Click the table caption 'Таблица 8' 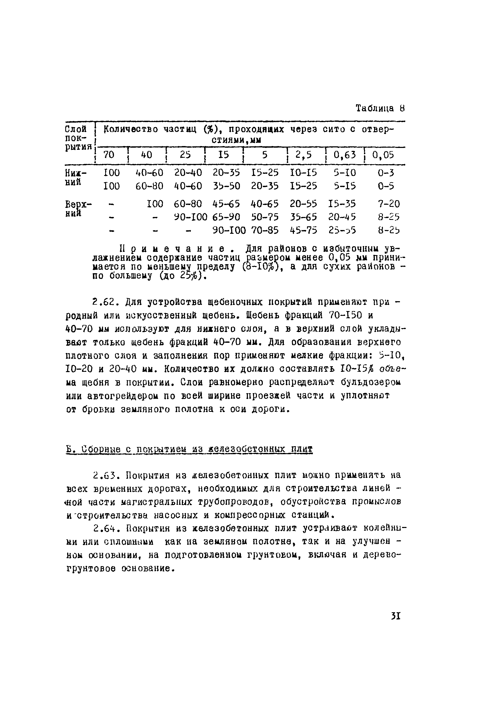(x=380, y=108)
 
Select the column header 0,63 (x=345, y=155)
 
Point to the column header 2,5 (x=304, y=155)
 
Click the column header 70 (x=109, y=155)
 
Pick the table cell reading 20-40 (x=188, y=173)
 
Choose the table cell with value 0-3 (x=386, y=173)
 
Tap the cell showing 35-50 (x=226, y=186)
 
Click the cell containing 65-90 (x=226, y=217)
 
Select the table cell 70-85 (x=265, y=230)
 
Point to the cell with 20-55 (x=303, y=204)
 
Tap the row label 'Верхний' (x=78, y=208)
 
